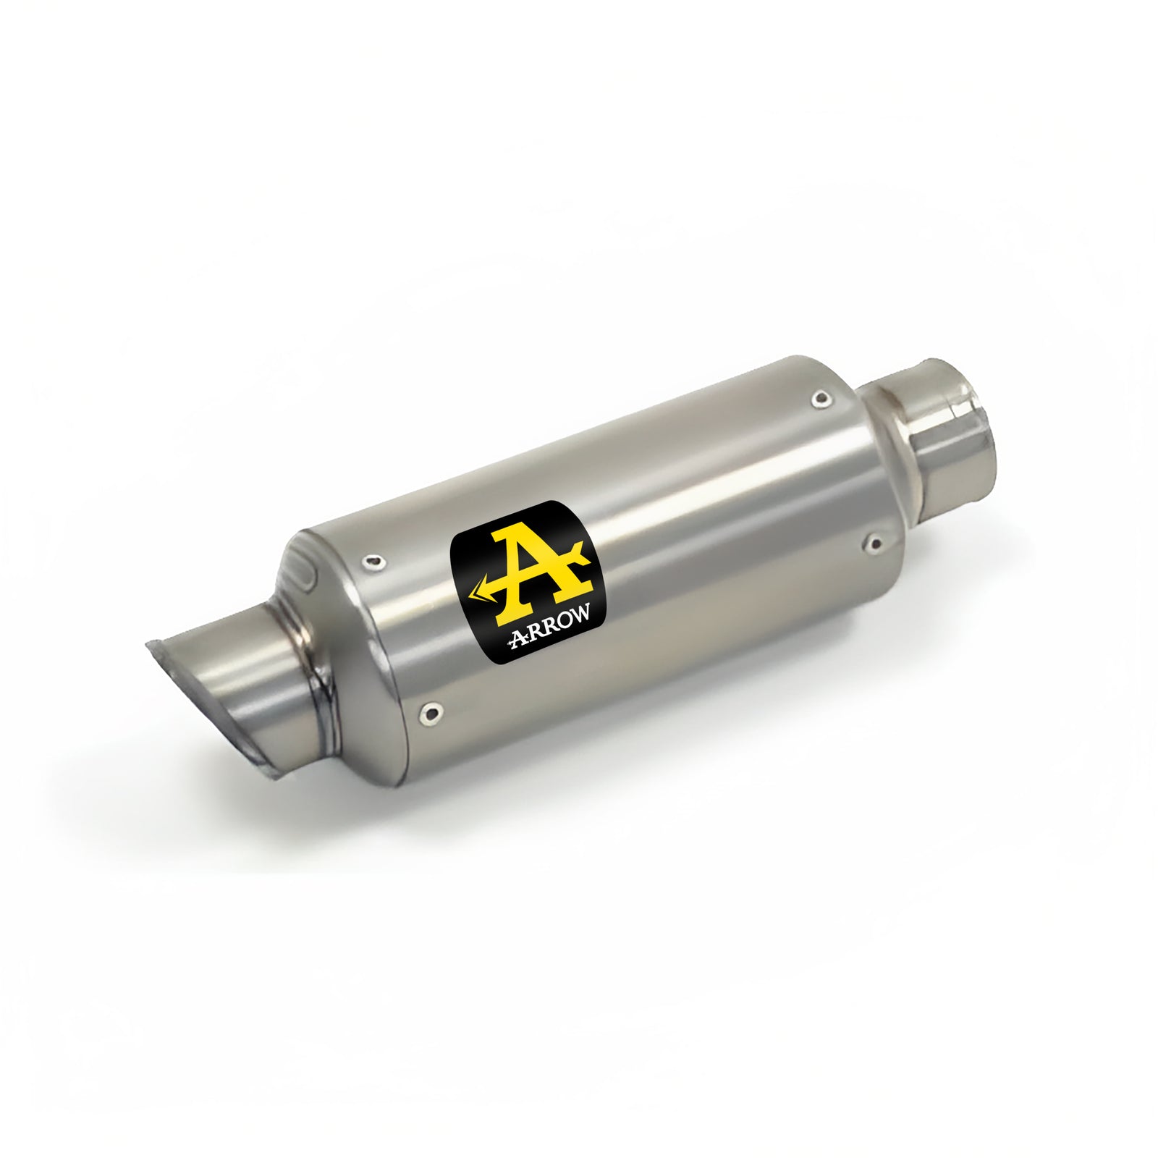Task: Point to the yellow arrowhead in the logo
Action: (x=478, y=593)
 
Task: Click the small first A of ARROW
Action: (x=517, y=635)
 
